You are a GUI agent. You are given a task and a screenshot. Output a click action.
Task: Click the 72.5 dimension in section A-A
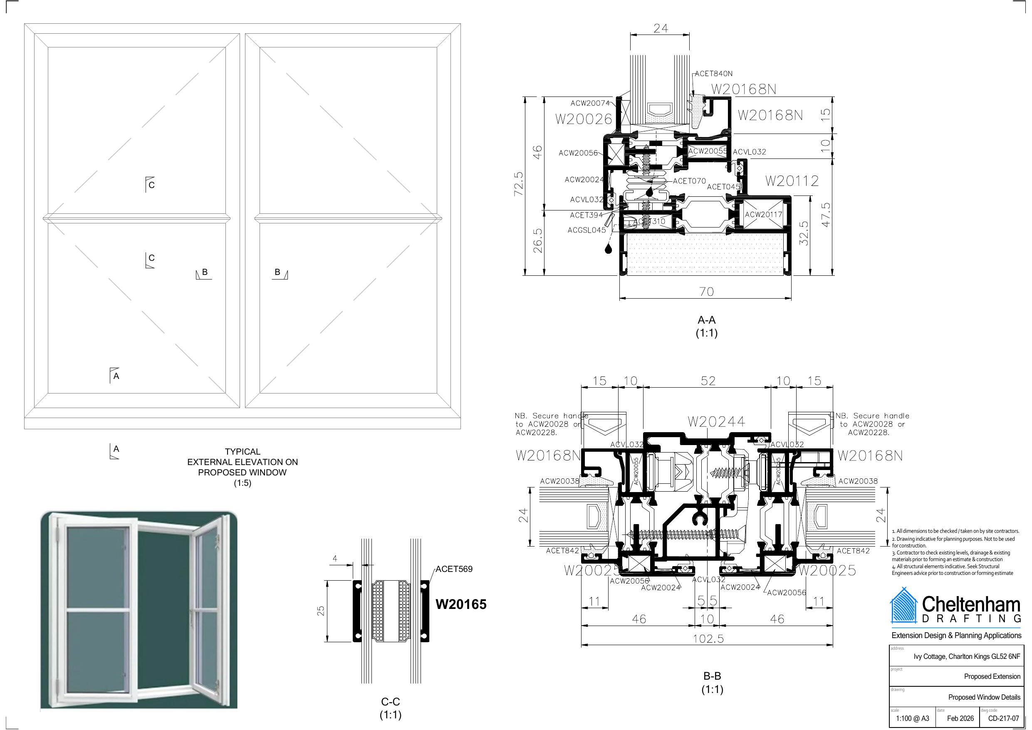click(x=519, y=183)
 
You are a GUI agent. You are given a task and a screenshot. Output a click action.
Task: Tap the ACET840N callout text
click(x=713, y=73)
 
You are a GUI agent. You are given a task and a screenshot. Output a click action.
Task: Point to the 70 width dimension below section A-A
click(x=706, y=292)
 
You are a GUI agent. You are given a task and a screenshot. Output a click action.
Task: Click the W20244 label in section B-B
click(x=716, y=422)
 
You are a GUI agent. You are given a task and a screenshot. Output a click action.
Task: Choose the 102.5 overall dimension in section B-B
click(x=708, y=638)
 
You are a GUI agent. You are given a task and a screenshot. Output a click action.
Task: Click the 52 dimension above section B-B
click(x=708, y=381)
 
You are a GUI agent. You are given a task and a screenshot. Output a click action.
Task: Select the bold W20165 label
click(x=461, y=604)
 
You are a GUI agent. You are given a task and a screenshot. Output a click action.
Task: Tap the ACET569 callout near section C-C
click(x=454, y=569)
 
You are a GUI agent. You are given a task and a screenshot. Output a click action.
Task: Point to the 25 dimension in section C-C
click(x=320, y=611)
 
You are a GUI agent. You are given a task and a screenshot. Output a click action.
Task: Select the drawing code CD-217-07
click(x=1003, y=718)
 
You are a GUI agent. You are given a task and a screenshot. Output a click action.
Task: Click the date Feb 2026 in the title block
click(x=960, y=718)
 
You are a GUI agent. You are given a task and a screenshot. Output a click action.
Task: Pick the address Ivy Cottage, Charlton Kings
click(x=967, y=656)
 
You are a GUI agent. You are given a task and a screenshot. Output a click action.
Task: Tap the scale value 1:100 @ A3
click(x=913, y=718)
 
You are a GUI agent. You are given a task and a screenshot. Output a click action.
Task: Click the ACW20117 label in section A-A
click(x=763, y=214)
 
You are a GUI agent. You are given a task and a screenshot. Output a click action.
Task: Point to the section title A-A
click(x=706, y=320)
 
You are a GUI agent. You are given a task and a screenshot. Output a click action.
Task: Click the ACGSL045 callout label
click(x=587, y=230)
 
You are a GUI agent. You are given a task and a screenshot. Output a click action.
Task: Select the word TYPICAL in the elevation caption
click(x=242, y=451)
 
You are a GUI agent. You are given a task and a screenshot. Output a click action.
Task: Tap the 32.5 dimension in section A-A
click(x=804, y=233)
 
